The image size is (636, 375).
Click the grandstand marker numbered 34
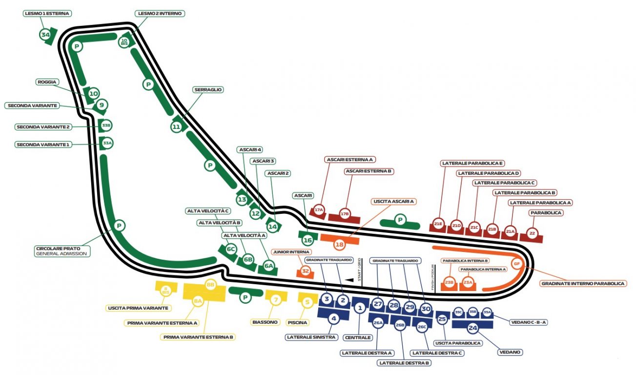coord(45,35)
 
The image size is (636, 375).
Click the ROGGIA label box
coord(47,82)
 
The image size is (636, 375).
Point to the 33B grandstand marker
coord(106,125)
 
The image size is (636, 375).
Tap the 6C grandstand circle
coord(231,249)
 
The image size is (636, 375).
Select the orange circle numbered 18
coord(339,244)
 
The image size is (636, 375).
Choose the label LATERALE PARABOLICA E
coord(472,163)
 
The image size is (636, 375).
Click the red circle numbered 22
coord(533,234)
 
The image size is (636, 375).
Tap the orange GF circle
coord(517,264)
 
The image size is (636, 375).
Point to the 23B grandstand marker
coord(450,282)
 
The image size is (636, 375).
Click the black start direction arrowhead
coord(349,280)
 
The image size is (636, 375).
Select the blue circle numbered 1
coord(360,308)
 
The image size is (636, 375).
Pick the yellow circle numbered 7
coord(276,300)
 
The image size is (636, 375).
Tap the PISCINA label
coord(298,322)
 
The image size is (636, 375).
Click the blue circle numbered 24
coord(472,328)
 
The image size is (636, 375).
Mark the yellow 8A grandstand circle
coord(198,302)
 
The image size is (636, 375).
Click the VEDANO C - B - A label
coord(529,322)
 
